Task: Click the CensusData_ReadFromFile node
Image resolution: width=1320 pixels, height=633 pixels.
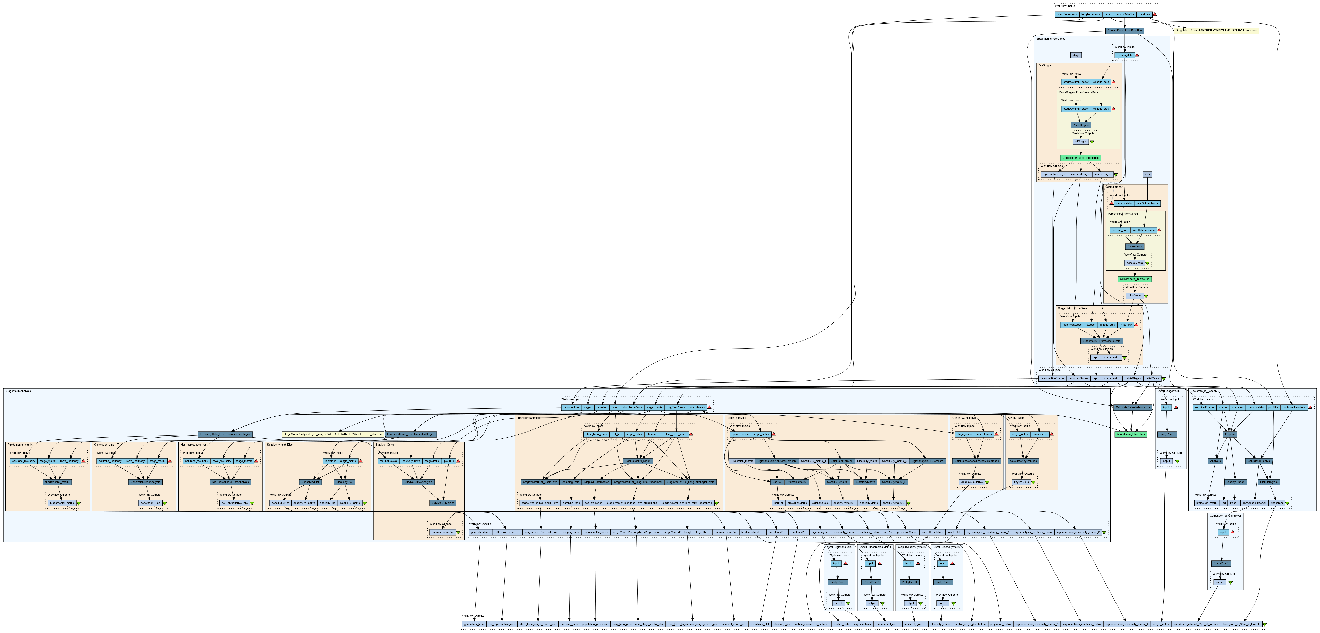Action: (x=1124, y=31)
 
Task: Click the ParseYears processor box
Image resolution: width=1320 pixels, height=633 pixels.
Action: (x=1134, y=246)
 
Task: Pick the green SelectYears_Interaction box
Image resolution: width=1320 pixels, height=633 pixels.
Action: (x=1135, y=279)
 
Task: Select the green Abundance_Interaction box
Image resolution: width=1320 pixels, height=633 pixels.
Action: (x=1130, y=434)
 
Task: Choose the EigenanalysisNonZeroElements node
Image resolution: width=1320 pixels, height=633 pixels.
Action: (x=777, y=461)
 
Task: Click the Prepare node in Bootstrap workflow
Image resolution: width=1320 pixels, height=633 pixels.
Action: (x=1230, y=434)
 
